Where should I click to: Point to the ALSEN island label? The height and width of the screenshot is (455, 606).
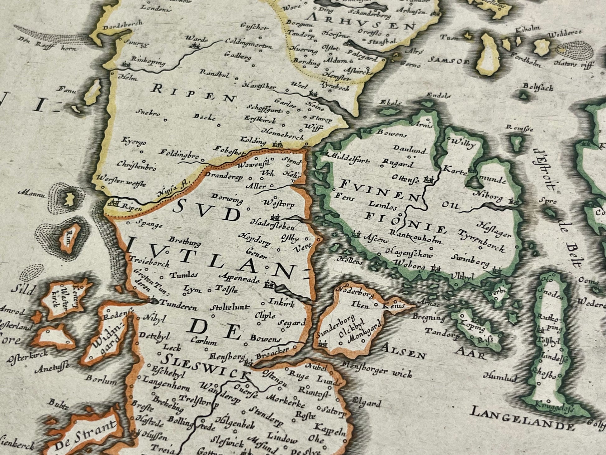point(404,351)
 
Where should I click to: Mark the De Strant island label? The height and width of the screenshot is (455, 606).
point(85,436)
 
